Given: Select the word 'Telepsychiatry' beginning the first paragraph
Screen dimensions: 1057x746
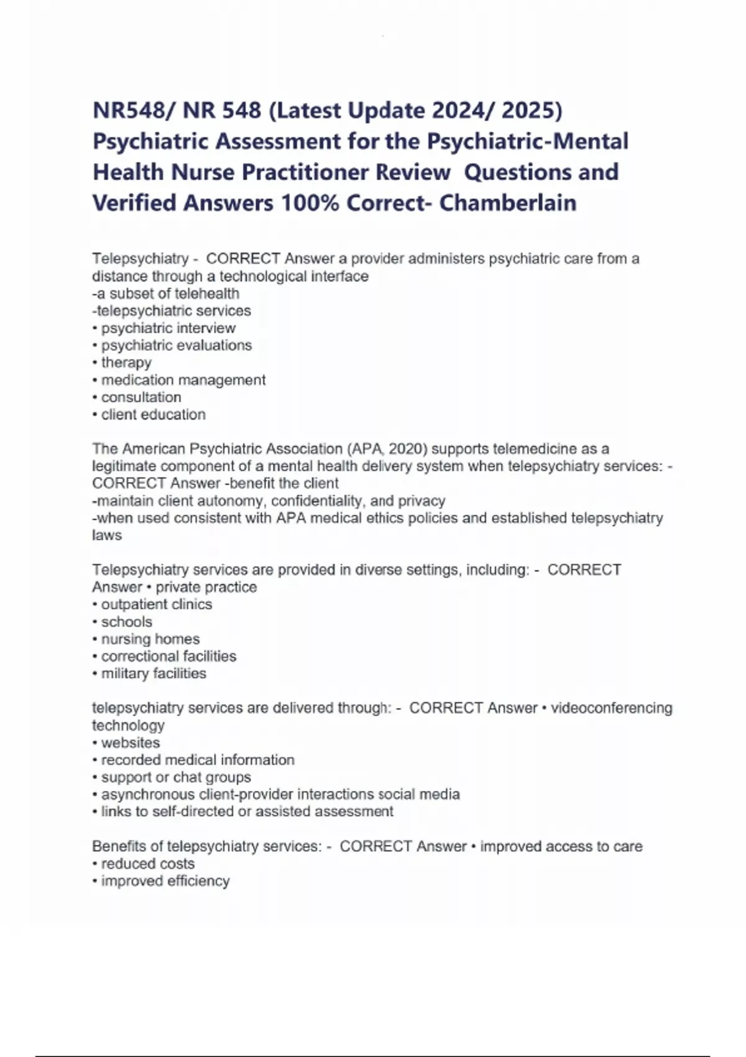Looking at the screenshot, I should pos(140,259).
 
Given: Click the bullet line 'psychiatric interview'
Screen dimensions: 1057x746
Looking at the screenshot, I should pos(168,328).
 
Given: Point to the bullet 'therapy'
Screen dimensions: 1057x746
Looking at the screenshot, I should pos(126,362).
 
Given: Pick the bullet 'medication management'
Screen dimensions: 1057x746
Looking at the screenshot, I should pos(183,380).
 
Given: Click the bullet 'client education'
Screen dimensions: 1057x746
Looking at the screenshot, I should pos(153,415).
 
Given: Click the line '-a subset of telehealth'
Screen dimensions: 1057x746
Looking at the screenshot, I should pos(165,293).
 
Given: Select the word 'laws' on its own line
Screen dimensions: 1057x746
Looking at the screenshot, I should pos(107,535).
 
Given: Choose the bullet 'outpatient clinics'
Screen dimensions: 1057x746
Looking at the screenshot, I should pos(156,604).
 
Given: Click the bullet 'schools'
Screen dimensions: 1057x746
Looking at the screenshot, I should pos(126,622).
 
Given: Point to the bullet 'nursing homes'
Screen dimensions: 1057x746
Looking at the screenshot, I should pos(150,639).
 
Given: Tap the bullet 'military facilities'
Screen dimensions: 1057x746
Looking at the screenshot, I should pos(154,673).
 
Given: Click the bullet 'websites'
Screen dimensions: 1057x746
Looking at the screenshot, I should pos(130,743).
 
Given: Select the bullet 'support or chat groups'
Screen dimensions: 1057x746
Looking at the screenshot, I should pos(176,777).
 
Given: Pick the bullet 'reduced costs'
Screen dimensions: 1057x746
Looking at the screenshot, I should pos(147,864).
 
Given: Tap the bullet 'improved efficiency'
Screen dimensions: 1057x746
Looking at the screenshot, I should pos(165,881).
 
